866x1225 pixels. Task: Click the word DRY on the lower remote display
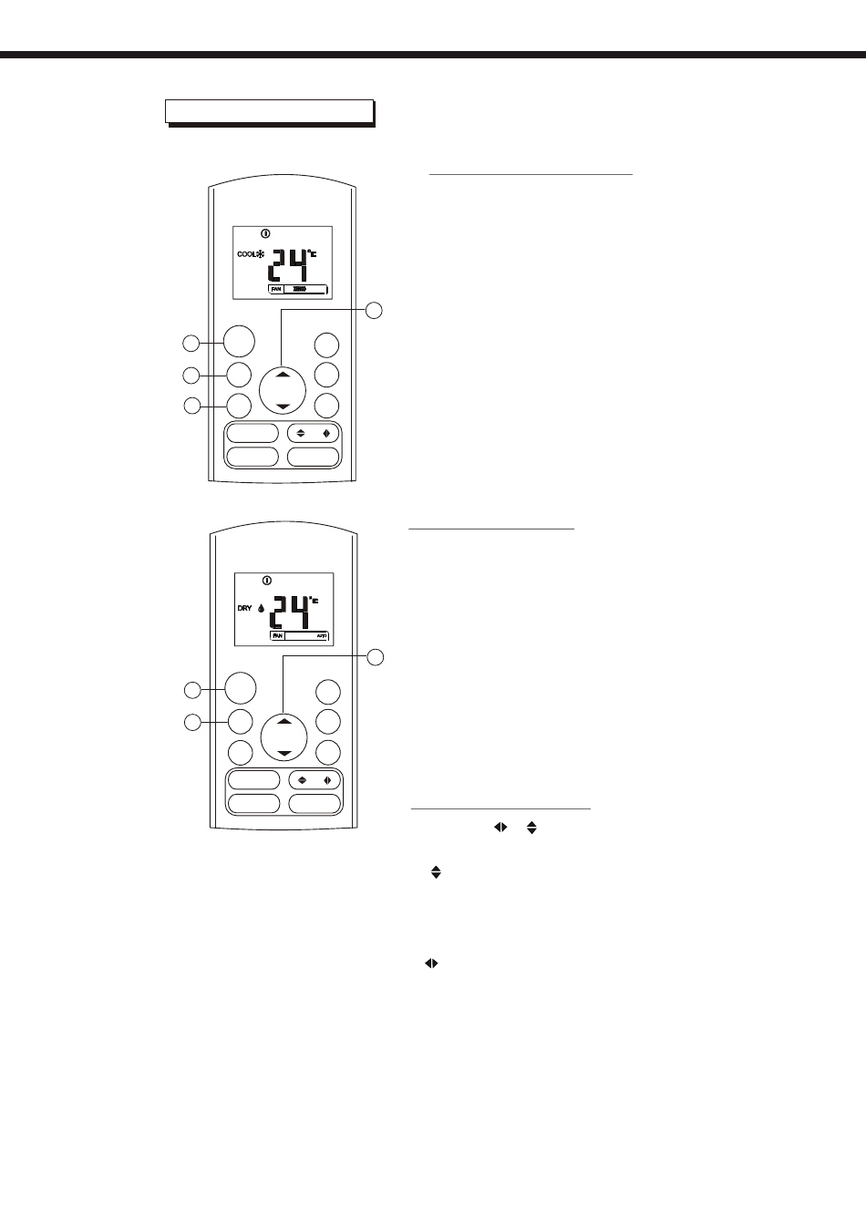(244, 607)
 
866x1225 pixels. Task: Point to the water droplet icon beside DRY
(261, 609)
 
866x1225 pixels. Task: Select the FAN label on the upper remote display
(275, 289)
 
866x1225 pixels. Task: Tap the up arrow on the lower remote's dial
(283, 721)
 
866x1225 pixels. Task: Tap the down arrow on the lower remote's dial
(283, 753)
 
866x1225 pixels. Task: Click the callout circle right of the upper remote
(375, 311)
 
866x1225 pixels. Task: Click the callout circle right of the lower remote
(375, 656)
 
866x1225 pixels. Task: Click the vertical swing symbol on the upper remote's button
(301, 434)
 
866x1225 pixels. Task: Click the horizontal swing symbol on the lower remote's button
(326, 780)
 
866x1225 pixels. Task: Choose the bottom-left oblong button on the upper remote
(253, 457)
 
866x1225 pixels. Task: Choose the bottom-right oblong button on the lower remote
(314, 804)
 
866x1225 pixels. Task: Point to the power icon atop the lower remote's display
(266, 580)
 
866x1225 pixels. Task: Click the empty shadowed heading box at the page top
(269, 110)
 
